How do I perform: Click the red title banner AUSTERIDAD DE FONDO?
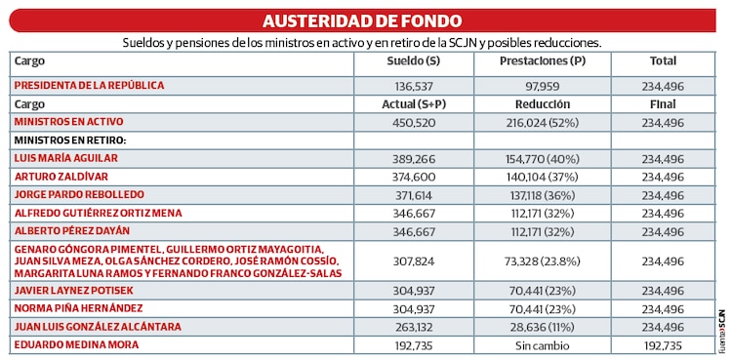(362, 20)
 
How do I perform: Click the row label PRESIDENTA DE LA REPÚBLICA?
(89, 86)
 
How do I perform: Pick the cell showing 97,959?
(543, 87)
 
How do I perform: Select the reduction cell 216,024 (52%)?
(543, 123)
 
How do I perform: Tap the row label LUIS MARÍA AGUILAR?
(71, 158)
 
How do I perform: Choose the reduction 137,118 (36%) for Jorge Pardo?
(543, 195)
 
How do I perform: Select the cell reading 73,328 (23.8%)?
(543, 261)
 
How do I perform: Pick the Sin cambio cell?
(543, 345)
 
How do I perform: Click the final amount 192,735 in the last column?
(663, 345)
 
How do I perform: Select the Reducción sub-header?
(543, 103)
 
